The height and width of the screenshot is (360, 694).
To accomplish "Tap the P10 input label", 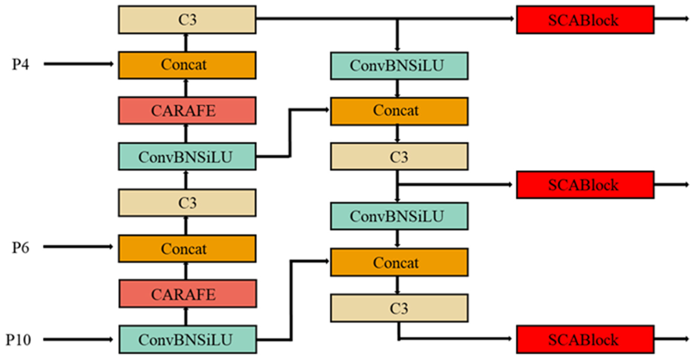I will coord(18,340).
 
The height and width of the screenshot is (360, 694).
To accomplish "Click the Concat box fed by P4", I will coord(187,65).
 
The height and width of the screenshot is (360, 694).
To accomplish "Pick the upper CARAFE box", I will coord(187,111).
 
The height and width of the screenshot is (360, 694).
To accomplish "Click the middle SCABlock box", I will coord(585,185).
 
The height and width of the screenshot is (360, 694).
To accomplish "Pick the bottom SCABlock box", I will coord(585,339).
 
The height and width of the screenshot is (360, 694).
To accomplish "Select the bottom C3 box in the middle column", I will coord(399,308).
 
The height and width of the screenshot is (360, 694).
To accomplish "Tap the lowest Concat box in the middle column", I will coord(399,263).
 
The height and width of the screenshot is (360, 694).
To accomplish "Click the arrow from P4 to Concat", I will coord(78,64).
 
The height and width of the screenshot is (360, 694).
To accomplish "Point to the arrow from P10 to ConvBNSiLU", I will coord(78,339).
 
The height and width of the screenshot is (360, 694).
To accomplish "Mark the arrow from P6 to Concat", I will coord(78,247).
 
